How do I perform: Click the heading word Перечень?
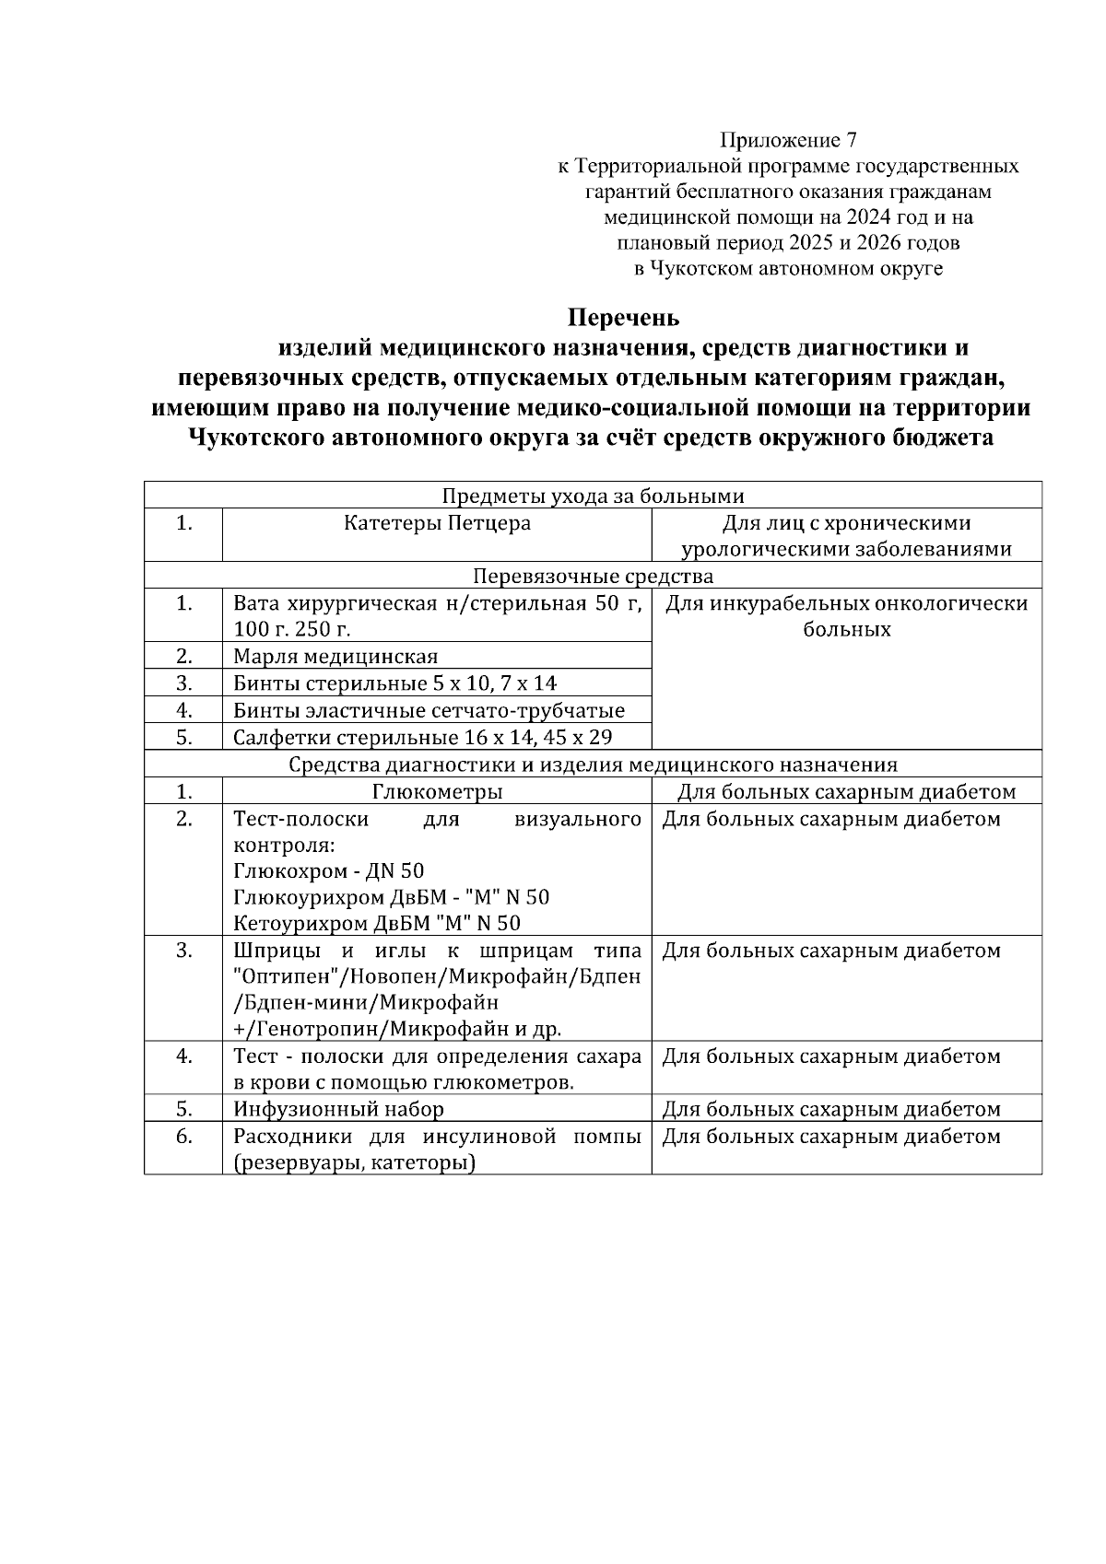click(x=623, y=318)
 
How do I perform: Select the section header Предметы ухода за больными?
click(x=593, y=496)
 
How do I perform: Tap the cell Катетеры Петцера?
click(x=437, y=523)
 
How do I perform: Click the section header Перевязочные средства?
click(x=593, y=577)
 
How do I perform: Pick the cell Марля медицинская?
click(x=335, y=657)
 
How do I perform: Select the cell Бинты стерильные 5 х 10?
click(x=394, y=683)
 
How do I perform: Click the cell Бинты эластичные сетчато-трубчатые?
click(x=429, y=710)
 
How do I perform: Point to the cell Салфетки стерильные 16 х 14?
click(x=422, y=738)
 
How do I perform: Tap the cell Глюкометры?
click(x=437, y=792)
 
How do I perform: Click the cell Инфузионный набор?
click(x=338, y=1109)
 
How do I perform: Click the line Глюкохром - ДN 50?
click(x=328, y=870)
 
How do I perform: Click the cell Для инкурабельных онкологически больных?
click(x=846, y=617)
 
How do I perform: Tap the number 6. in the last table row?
click(x=183, y=1137)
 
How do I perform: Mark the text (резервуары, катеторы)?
click(x=354, y=1163)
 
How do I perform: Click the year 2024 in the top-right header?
click(x=866, y=217)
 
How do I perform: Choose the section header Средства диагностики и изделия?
click(x=593, y=764)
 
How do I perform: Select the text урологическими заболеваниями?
click(x=846, y=549)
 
